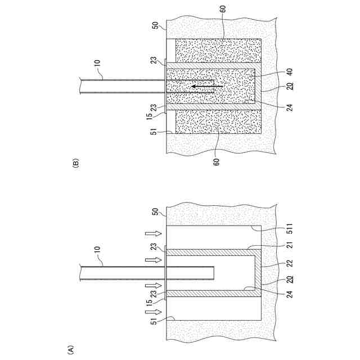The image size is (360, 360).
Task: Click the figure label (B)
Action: [x=76, y=164]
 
